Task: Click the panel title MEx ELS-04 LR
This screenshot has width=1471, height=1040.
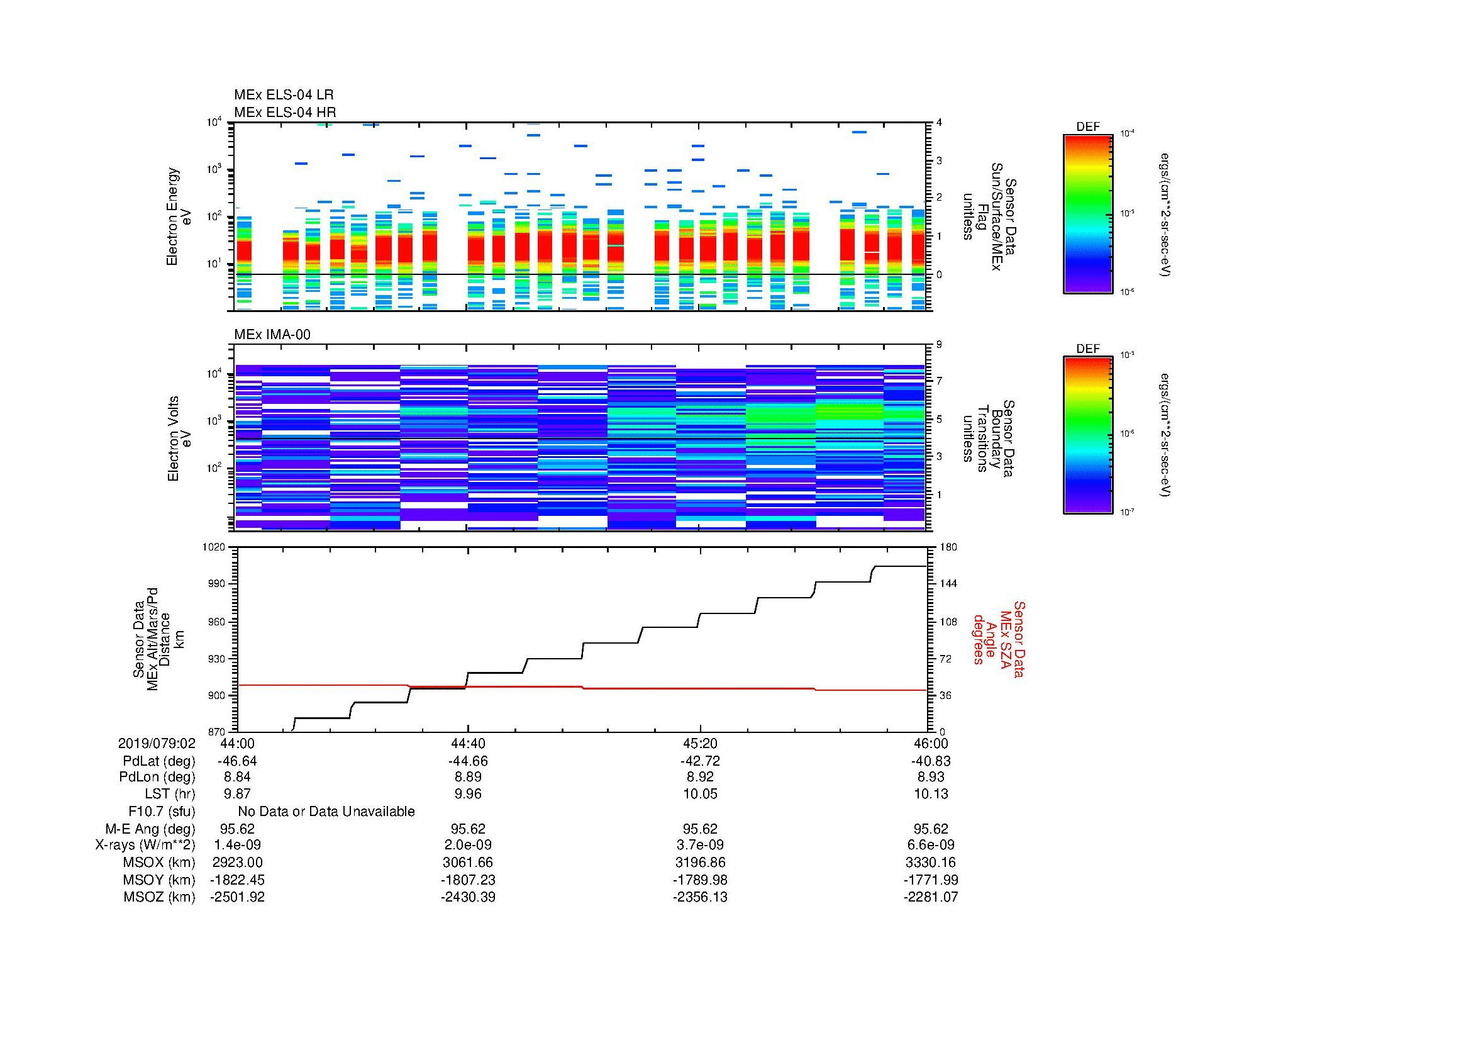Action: tap(283, 95)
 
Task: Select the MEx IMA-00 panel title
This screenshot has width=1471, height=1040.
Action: tap(272, 335)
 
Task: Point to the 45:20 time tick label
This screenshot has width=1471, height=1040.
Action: tap(700, 743)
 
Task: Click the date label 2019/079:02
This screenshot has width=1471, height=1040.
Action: tap(157, 743)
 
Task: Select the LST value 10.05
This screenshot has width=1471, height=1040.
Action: tap(700, 794)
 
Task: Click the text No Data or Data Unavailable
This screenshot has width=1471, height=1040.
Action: tap(326, 812)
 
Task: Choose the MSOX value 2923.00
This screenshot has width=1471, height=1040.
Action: tap(237, 863)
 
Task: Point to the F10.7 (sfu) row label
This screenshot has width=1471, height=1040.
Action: tap(162, 812)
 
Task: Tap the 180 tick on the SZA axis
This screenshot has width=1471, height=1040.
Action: tap(948, 547)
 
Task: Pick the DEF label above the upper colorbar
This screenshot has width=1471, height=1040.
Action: tap(1088, 127)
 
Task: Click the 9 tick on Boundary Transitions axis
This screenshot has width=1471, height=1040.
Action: tap(939, 345)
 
